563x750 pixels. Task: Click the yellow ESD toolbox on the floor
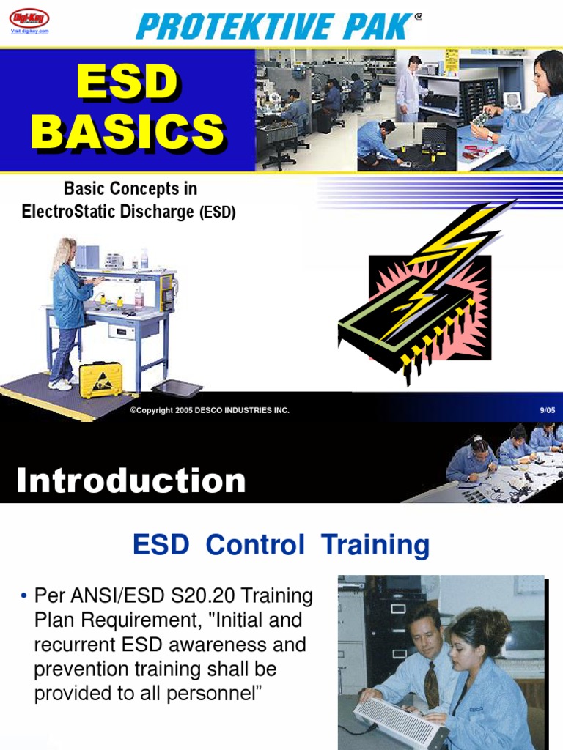click(x=100, y=379)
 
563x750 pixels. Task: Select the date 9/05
click(x=547, y=410)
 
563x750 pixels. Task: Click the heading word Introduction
click(x=130, y=481)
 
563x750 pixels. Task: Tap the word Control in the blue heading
click(x=255, y=545)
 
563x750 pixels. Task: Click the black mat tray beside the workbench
click(x=176, y=389)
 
